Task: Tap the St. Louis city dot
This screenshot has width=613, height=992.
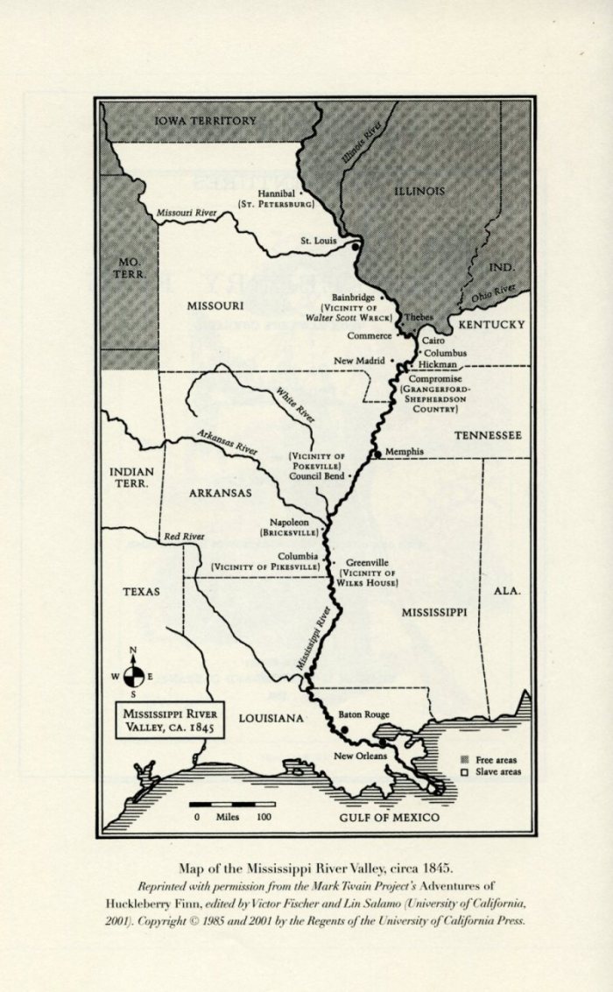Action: (356, 248)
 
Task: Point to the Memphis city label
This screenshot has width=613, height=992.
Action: (404, 452)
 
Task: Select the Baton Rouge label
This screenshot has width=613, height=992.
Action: (363, 715)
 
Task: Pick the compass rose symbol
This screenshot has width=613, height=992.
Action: (133, 676)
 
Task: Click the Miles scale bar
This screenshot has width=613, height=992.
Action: (233, 804)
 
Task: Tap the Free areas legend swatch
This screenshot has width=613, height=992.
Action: (465, 758)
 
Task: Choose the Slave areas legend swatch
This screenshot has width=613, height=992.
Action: (465, 772)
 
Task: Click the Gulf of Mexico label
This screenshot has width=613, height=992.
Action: (390, 818)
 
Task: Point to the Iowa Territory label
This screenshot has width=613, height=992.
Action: (206, 121)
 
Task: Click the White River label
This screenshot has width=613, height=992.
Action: (295, 406)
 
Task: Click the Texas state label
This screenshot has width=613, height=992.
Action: (141, 592)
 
